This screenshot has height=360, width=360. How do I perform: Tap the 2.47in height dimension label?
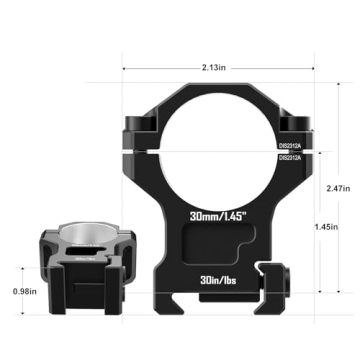click(x=338, y=187)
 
